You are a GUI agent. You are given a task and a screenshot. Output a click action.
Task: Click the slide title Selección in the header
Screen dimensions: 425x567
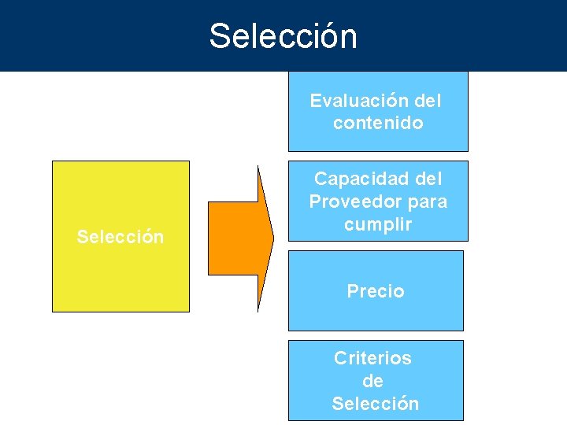coord(283,36)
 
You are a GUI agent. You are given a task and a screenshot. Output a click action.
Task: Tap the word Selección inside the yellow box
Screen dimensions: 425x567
coord(120,237)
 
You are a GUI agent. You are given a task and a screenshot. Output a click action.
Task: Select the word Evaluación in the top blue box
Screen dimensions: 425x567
coord(360,101)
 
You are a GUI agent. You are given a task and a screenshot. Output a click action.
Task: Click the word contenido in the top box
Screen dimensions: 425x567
coord(378,123)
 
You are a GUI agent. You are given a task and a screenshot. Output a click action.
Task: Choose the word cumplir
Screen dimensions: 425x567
coord(378,224)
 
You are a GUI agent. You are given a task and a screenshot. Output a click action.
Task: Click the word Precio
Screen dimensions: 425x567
coord(376,291)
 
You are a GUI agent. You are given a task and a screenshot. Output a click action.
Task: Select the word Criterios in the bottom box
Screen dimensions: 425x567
coord(372,358)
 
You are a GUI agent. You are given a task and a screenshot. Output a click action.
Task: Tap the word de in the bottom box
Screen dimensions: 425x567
coord(372,381)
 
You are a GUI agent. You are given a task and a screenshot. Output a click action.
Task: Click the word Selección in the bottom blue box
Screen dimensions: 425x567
coord(376,404)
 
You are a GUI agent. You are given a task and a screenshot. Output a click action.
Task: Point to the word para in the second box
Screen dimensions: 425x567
coord(423,201)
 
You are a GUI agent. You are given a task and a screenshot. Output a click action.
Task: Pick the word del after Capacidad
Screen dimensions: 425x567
coord(428,179)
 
